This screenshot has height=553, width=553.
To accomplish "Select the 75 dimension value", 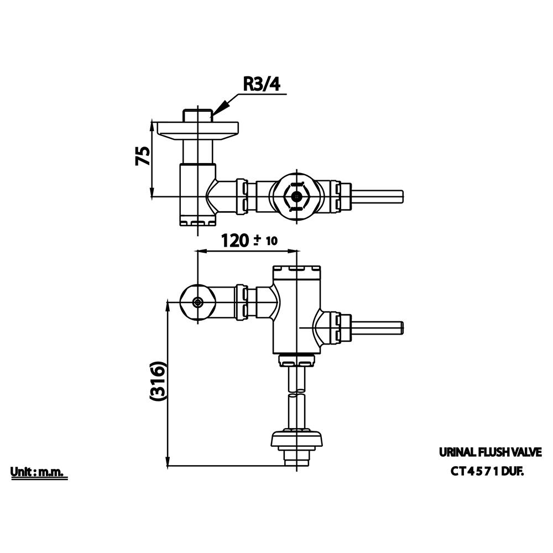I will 142,156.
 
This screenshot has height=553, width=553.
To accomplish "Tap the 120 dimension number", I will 236,241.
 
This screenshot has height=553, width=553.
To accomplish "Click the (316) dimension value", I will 157,381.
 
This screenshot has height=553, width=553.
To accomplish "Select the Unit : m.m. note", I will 38,472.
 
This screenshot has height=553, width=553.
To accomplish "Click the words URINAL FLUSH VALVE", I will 491,452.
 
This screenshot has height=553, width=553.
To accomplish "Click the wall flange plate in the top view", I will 197,128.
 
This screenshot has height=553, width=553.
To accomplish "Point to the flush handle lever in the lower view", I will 375,327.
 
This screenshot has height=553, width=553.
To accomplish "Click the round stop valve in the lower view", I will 197,302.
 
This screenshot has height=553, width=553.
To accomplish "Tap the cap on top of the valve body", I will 297,272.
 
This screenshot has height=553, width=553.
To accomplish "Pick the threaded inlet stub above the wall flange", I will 197,115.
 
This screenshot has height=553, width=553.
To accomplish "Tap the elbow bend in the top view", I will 218,196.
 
